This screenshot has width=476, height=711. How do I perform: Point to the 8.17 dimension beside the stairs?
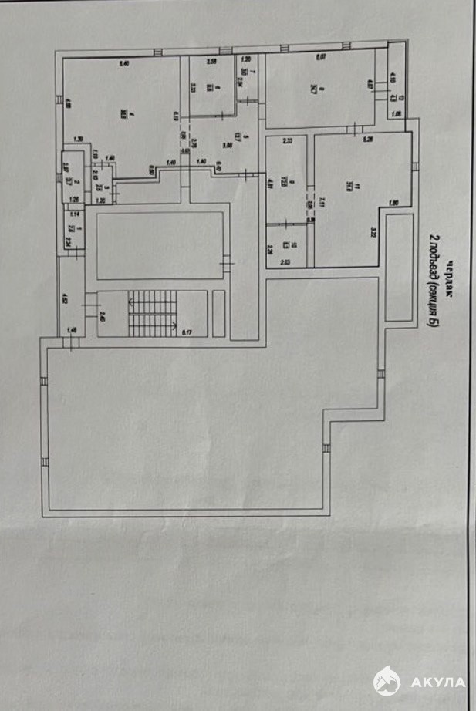(186, 333)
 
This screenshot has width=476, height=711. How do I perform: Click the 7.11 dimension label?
(322, 204)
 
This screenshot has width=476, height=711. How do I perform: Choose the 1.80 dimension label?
(393, 204)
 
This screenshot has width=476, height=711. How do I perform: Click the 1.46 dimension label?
(73, 330)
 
